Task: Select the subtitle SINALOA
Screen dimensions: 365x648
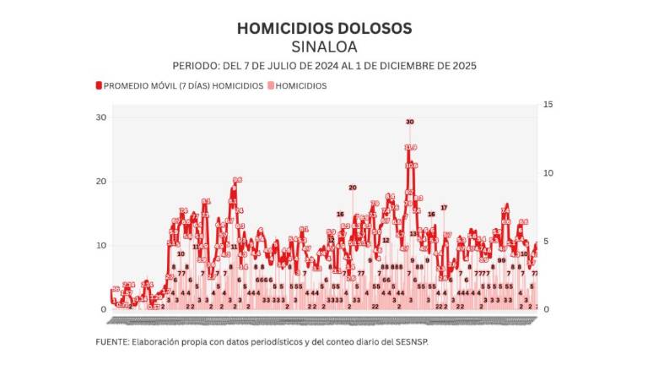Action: point(324,46)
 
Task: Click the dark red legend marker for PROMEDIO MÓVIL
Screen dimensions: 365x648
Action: point(99,85)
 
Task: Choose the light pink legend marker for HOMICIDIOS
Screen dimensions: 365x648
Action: point(271,85)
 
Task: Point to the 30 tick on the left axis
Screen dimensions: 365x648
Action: point(101,117)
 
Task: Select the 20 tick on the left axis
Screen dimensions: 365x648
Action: point(101,181)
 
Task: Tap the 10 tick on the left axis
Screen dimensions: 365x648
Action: point(101,245)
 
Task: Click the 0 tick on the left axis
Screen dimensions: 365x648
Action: point(104,309)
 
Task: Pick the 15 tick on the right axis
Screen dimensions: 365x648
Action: point(548,104)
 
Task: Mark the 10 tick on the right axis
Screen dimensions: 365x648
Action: point(548,172)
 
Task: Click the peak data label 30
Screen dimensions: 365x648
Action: point(410,122)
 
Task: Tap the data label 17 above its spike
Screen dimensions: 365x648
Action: point(444,207)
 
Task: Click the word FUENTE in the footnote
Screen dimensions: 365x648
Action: point(111,342)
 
